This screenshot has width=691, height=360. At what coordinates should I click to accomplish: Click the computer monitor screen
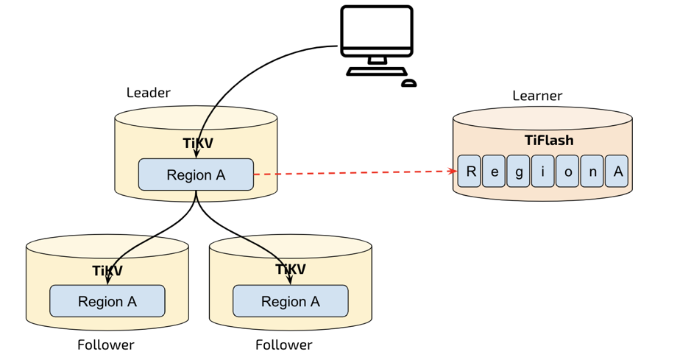click(x=377, y=28)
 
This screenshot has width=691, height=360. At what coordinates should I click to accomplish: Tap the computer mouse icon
click(x=409, y=83)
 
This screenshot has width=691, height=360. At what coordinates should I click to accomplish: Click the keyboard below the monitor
click(x=376, y=72)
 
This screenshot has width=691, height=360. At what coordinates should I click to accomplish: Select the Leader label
click(x=148, y=93)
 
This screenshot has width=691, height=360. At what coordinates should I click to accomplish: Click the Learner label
click(x=537, y=96)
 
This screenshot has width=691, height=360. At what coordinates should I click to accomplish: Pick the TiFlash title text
click(x=549, y=140)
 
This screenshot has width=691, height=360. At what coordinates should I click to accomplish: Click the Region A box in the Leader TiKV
click(x=196, y=174)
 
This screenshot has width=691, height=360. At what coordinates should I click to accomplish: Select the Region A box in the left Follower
click(x=107, y=301)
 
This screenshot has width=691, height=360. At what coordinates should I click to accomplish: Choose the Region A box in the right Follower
click(x=291, y=301)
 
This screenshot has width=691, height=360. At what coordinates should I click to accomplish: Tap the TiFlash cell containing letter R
click(x=469, y=172)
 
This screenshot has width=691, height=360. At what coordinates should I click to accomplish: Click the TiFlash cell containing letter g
click(x=518, y=172)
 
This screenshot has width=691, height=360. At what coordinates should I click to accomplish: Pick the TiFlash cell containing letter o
click(x=567, y=172)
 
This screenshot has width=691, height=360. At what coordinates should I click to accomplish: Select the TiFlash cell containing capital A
click(x=617, y=172)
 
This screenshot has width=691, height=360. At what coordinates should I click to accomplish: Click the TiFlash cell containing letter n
click(x=592, y=172)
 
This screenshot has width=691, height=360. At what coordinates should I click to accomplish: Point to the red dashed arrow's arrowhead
click(x=453, y=172)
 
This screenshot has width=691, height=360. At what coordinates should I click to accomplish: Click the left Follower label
click(x=106, y=345)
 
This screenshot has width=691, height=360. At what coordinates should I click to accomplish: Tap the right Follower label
click(x=284, y=345)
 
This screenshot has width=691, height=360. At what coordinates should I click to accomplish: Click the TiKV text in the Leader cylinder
click(x=198, y=143)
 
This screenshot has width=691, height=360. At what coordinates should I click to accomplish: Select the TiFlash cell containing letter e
click(x=494, y=172)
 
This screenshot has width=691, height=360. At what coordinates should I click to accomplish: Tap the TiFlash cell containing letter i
click(x=543, y=172)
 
